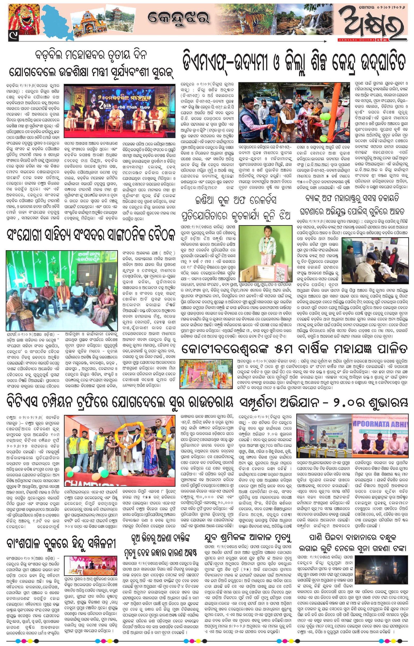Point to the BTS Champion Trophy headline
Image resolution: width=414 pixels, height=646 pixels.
(119, 403)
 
